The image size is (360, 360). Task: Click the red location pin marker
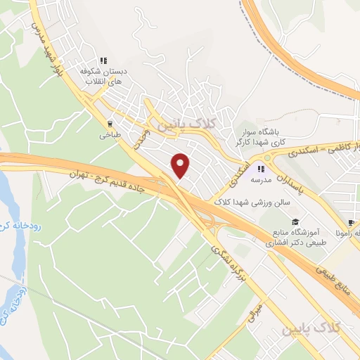(181, 165)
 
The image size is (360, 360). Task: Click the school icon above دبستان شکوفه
(103, 61)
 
